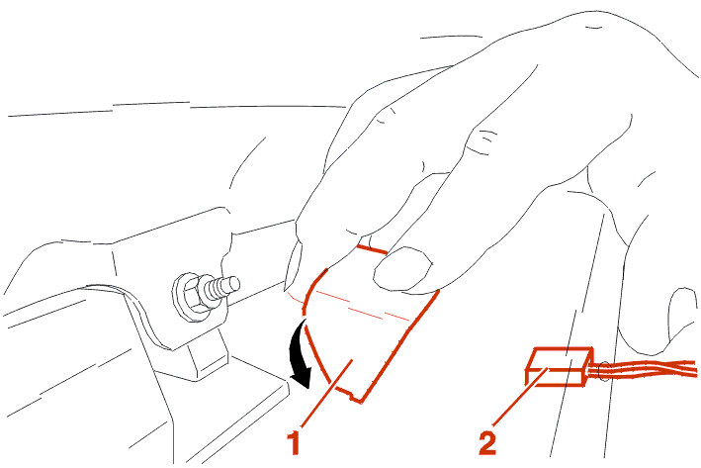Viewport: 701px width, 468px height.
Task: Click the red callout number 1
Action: [x=294, y=442]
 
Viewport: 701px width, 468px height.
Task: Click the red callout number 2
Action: [x=487, y=442]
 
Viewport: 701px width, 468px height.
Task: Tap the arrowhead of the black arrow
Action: [x=302, y=379]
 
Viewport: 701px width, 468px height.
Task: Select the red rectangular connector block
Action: [x=560, y=366]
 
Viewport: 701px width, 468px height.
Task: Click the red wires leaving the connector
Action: [x=644, y=369]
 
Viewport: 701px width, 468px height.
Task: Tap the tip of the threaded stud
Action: [x=235, y=284]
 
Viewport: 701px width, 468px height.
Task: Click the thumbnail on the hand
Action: [x=402, y=268]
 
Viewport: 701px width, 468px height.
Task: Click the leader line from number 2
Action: [x=520, y=397]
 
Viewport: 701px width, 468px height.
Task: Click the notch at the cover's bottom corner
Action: [x=356, y=397]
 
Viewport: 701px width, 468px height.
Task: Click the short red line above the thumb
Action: [x=372, y=249]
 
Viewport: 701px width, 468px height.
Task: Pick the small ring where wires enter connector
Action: [x=603, y=371]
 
